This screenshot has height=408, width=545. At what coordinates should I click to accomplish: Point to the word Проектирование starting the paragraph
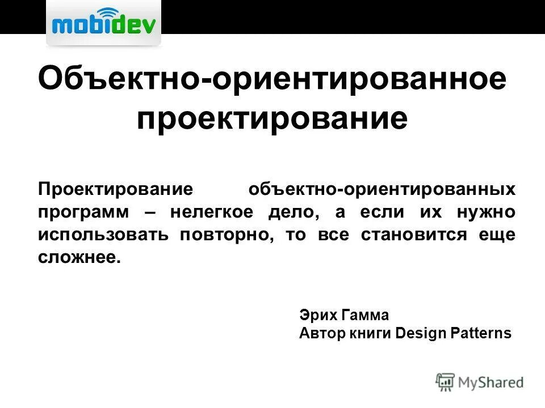coord(116,189)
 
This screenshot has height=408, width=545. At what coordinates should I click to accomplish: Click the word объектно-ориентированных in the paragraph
coord(382,189)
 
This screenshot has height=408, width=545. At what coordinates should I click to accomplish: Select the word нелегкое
coord(210,212)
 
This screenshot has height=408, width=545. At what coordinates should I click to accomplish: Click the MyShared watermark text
coord(491,382)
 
